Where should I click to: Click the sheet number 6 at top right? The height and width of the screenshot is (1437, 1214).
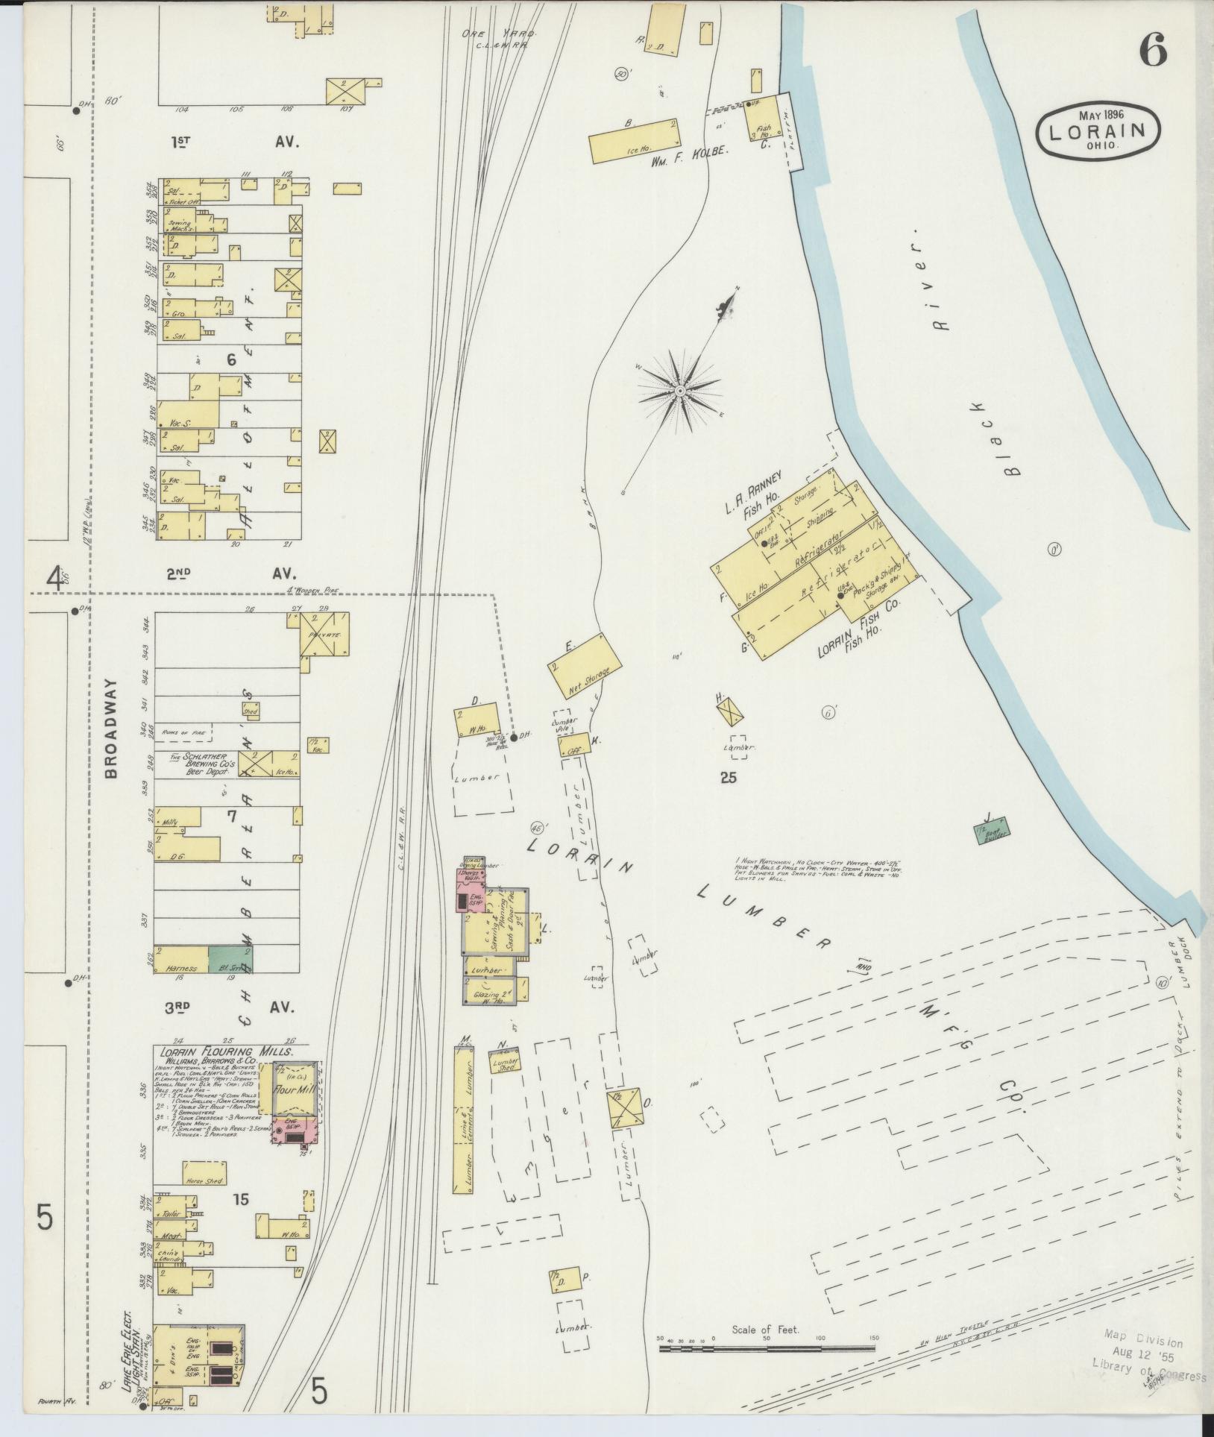(1152, 50)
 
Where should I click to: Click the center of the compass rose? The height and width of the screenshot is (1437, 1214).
(679, 390)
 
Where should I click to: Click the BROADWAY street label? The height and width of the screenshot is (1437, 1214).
(111, 728)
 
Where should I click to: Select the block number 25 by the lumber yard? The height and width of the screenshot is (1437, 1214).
(728, 777)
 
